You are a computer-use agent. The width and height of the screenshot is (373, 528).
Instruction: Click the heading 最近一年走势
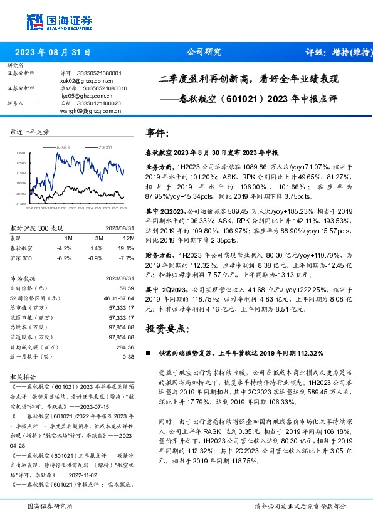(30, 132)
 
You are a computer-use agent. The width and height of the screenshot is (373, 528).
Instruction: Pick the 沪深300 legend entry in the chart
(102, 146)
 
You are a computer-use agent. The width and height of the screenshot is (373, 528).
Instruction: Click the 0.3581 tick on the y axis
(21, 153)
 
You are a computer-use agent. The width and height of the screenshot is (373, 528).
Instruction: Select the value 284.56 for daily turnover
(125, 347)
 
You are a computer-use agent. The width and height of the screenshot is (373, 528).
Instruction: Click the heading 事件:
(157, 133)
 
